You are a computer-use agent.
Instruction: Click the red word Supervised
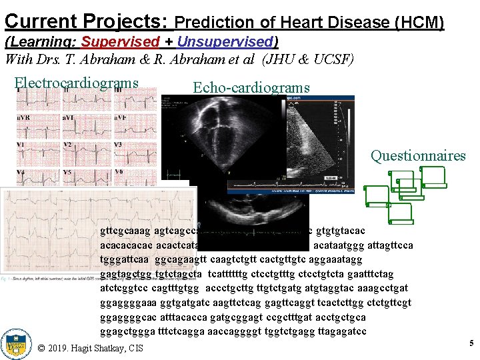pyautogui.click(x=120, y=42)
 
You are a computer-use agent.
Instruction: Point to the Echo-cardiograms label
pyautogui.click(x=251, y=87)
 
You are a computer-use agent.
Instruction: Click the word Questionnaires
pyautogui.click(x=418, y=156)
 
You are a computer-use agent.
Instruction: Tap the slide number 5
pyautogui.click(x=471, y=343)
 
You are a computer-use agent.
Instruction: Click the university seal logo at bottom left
pyautogui.click(x=16, y=344)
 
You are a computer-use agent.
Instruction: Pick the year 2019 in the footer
pyautogui.click(x=62, y=347)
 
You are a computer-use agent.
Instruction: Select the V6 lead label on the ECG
pyautogui.click(x=119, y=172)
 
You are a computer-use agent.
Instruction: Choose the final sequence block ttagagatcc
pyautogui.click(x=339, y=331)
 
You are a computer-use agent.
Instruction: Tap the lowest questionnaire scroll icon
pyautogui.click(x=401, y=214)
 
